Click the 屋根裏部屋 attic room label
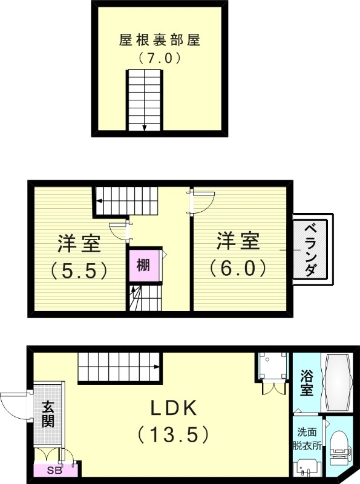point(160,41)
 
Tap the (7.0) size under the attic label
point(160,59)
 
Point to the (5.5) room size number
point(79,268)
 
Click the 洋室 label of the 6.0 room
point(238,241)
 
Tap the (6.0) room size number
point(238,266)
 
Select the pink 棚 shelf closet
point(143,266)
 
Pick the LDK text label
point(174,408)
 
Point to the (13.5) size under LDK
point(174,434)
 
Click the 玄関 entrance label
point(48,414)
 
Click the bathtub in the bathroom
point(336,382)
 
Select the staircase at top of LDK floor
point(119,367)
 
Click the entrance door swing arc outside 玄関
point(16,405)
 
